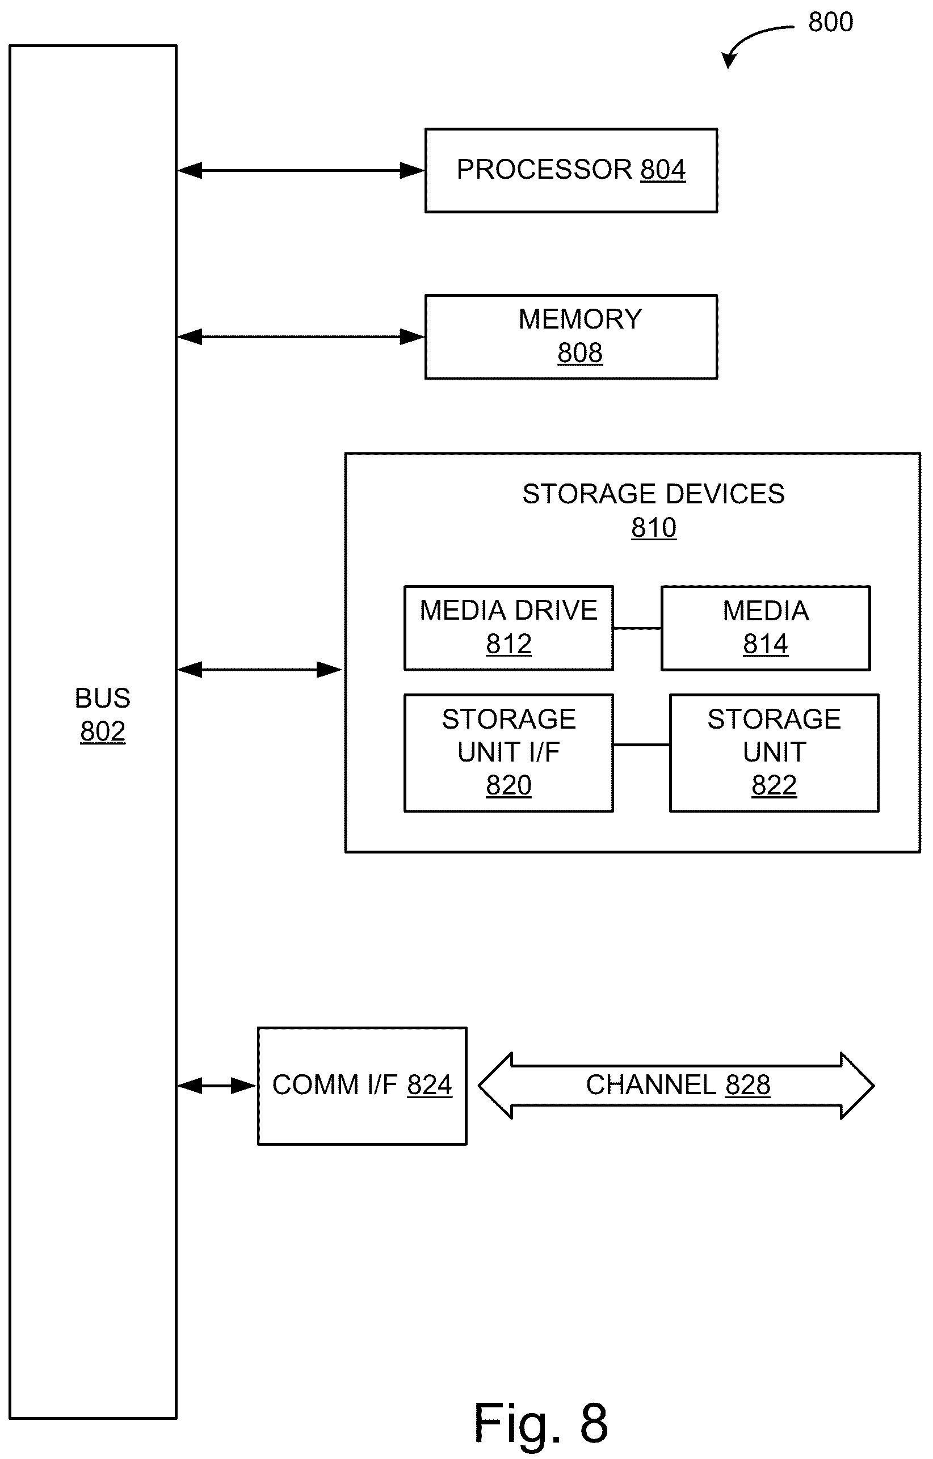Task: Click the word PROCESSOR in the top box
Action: click(544, 170)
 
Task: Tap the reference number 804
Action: click(663, 170)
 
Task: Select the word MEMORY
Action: click(580, 319)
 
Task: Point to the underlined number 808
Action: click(580, 352)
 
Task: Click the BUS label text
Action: click(102, 698)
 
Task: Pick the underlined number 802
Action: click(102, 731)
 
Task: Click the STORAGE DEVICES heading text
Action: click(653, 494)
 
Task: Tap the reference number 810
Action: click(654, 527)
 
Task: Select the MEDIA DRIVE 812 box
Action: click(509, 628)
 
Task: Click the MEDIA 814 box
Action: click(766, 628)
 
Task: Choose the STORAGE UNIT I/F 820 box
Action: click(509, 753)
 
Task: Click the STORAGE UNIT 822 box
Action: click(774, 753)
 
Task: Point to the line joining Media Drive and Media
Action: click(637, 628)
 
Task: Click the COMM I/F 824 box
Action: click(362, 1086)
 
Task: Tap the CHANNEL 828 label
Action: click(678, 1084)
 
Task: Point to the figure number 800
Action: click(831, 23)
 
